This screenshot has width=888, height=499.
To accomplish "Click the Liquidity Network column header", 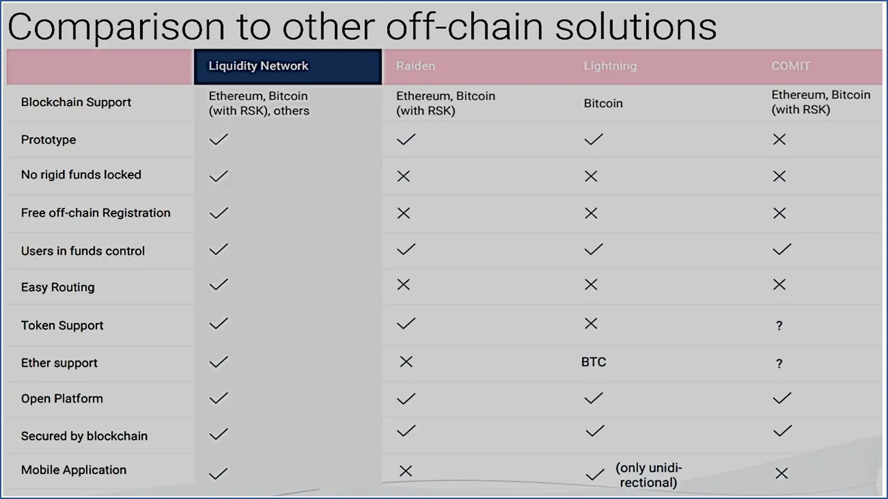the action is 259,66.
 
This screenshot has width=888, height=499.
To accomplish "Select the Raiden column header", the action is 416,66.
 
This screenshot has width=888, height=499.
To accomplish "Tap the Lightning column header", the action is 610,66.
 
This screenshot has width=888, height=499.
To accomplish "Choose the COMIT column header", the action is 791,66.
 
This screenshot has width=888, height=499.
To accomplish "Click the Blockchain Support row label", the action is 76,102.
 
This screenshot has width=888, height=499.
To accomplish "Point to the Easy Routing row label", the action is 58,287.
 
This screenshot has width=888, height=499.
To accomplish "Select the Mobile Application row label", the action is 74,470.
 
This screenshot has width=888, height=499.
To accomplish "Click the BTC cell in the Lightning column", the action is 593,362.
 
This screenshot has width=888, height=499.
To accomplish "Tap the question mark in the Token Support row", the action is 779,326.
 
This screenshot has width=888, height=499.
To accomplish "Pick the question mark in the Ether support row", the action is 779,364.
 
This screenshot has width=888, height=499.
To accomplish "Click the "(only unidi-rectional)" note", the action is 649,475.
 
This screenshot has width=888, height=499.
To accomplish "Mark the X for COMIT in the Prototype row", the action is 779,139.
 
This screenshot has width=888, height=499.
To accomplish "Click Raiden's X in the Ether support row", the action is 406,362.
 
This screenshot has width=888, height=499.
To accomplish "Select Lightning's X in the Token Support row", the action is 590,324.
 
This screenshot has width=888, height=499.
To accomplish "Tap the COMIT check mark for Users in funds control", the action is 782,249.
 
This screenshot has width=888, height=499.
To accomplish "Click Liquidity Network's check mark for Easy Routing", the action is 219,284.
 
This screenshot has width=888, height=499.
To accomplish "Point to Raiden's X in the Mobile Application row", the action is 406,471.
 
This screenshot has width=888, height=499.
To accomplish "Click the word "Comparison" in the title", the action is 116,27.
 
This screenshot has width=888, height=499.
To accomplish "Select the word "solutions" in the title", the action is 636,26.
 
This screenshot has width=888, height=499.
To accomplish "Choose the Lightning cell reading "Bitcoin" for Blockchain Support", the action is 603,103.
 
